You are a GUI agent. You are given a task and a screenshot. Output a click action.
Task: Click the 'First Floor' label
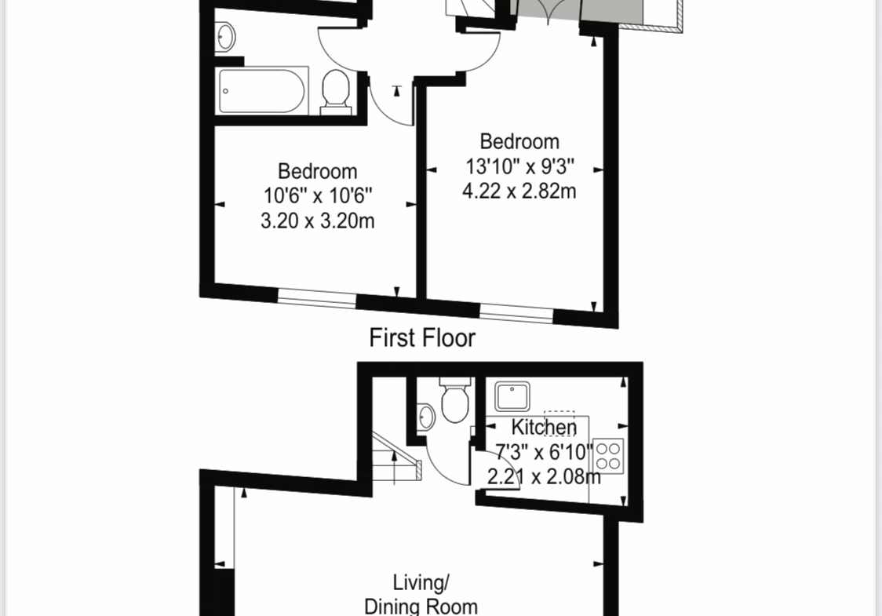[x=422, y=338]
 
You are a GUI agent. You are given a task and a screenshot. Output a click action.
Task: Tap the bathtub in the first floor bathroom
[x=261, y=90]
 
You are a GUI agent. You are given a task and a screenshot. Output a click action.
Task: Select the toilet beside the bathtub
[x=336, y=93]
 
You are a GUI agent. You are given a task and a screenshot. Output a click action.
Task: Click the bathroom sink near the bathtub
[x=224, y=37]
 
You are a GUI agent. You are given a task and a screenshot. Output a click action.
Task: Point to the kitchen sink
[x=512, y=396]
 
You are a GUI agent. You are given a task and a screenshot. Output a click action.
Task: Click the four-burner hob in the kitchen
[x=608, y=456]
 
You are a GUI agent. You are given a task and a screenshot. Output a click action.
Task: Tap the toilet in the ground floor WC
[x=455, y=400]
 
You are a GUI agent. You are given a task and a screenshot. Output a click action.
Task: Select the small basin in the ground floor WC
[x=426, y=417]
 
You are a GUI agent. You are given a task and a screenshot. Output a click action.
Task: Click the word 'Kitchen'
[x=544, y=428]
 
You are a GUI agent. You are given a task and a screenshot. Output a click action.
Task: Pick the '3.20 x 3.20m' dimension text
[x=317, y=221]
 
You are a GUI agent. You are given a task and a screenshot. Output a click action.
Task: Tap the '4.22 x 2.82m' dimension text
[x=519, y=191]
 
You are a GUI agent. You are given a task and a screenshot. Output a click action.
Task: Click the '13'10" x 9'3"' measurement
[x=519, y=166]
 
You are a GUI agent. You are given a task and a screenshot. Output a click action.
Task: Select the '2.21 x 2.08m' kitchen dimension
[x=543, y=477]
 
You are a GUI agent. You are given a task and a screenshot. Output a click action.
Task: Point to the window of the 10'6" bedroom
[x=317, y=297]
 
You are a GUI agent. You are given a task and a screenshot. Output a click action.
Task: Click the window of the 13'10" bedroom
[x=516, y=313]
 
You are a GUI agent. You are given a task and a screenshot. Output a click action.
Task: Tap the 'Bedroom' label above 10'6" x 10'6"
[x=317, y=171]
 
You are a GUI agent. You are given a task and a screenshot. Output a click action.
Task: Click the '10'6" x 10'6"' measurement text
[x=318, y=195]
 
